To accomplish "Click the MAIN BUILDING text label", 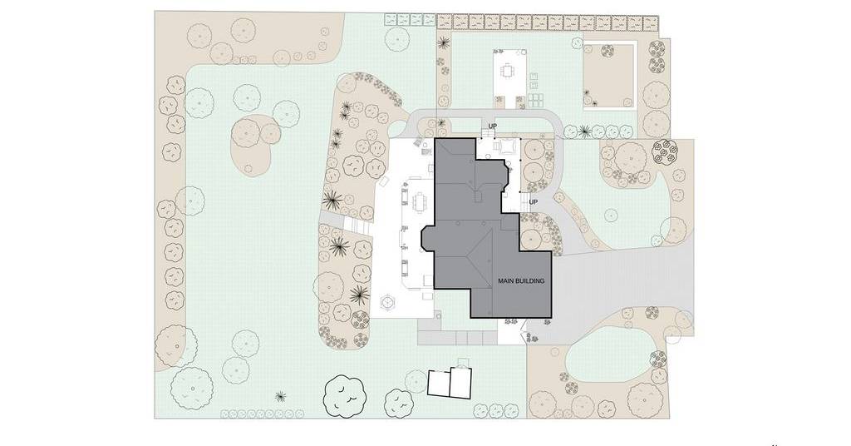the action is point(521,281).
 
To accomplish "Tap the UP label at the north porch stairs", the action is point(492,126).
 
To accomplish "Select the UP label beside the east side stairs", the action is point(533,202).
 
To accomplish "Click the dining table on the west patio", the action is point(419,203).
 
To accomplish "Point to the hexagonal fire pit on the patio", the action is point(388,301).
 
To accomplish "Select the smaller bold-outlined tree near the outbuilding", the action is point(399,403).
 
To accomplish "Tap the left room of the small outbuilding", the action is point(439,383).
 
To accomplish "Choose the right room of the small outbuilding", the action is point(460,384).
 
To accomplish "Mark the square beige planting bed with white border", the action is point(608,76).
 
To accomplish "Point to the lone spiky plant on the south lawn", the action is point(281,397).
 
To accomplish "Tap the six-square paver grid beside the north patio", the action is point(535,100).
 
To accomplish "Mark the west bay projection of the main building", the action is point(428,239).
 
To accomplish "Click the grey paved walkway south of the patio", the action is point(457,332).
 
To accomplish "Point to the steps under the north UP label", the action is point(489,133).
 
